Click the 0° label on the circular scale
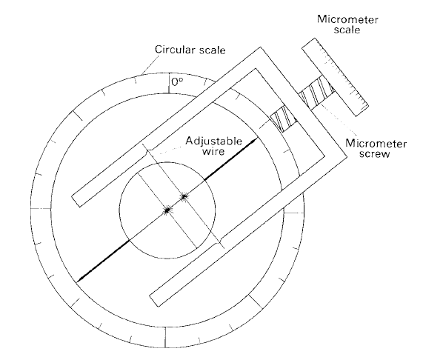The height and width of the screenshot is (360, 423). [177, 82]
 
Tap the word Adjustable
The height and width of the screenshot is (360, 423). [213, 141]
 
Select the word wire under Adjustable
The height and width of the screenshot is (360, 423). [213, 152]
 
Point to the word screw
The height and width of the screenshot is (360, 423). [374, 154]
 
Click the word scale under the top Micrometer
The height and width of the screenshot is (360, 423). [347, 30]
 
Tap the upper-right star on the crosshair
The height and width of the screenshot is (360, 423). [184, 196]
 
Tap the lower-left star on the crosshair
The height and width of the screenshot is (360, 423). [167, 210]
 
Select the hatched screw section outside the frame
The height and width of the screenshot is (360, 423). [317, 93]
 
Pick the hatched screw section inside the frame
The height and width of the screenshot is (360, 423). [284, 119]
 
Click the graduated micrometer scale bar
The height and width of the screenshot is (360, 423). [335, 77]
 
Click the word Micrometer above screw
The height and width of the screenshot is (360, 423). [376, 144]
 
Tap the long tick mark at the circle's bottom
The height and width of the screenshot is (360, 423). [165, 338]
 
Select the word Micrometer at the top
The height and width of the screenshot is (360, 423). [347, 20]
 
